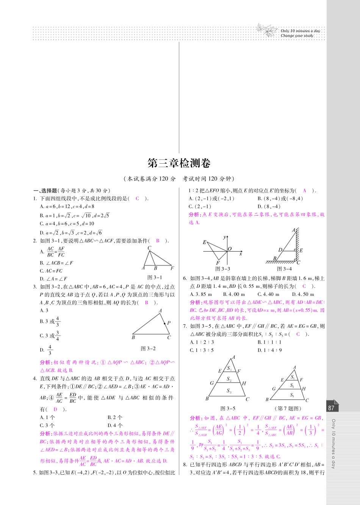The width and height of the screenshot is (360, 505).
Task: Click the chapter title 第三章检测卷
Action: [x=179, y=163]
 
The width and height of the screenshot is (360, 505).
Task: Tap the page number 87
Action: [x=331, y=408]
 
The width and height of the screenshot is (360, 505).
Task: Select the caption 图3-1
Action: [x=155, y=277]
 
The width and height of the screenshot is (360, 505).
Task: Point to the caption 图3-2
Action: [x=148, y=349]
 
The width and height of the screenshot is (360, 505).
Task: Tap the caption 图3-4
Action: [x=284, y=269]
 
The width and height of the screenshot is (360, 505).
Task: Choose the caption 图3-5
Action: [x=228, y=408]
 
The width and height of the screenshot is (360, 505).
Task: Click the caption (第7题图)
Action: [x=288, y=408]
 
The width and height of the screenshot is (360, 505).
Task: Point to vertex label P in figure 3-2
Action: [x=169, y=323]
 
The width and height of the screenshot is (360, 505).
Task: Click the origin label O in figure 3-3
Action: [x=230, y=249]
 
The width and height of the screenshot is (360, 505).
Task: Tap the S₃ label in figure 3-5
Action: [x=229, y=391]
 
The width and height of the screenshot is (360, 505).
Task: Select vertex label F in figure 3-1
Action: [x=172, y=268]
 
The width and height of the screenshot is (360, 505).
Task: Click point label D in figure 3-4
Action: [x=280, y=250]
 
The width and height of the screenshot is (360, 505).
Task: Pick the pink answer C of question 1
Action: [x=137, y=199]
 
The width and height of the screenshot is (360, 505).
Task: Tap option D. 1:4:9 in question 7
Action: [x=270, y=350]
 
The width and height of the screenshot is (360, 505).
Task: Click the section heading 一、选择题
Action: [x=45, y=191]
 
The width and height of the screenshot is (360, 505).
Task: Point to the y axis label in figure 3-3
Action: [x=225, y=237]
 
